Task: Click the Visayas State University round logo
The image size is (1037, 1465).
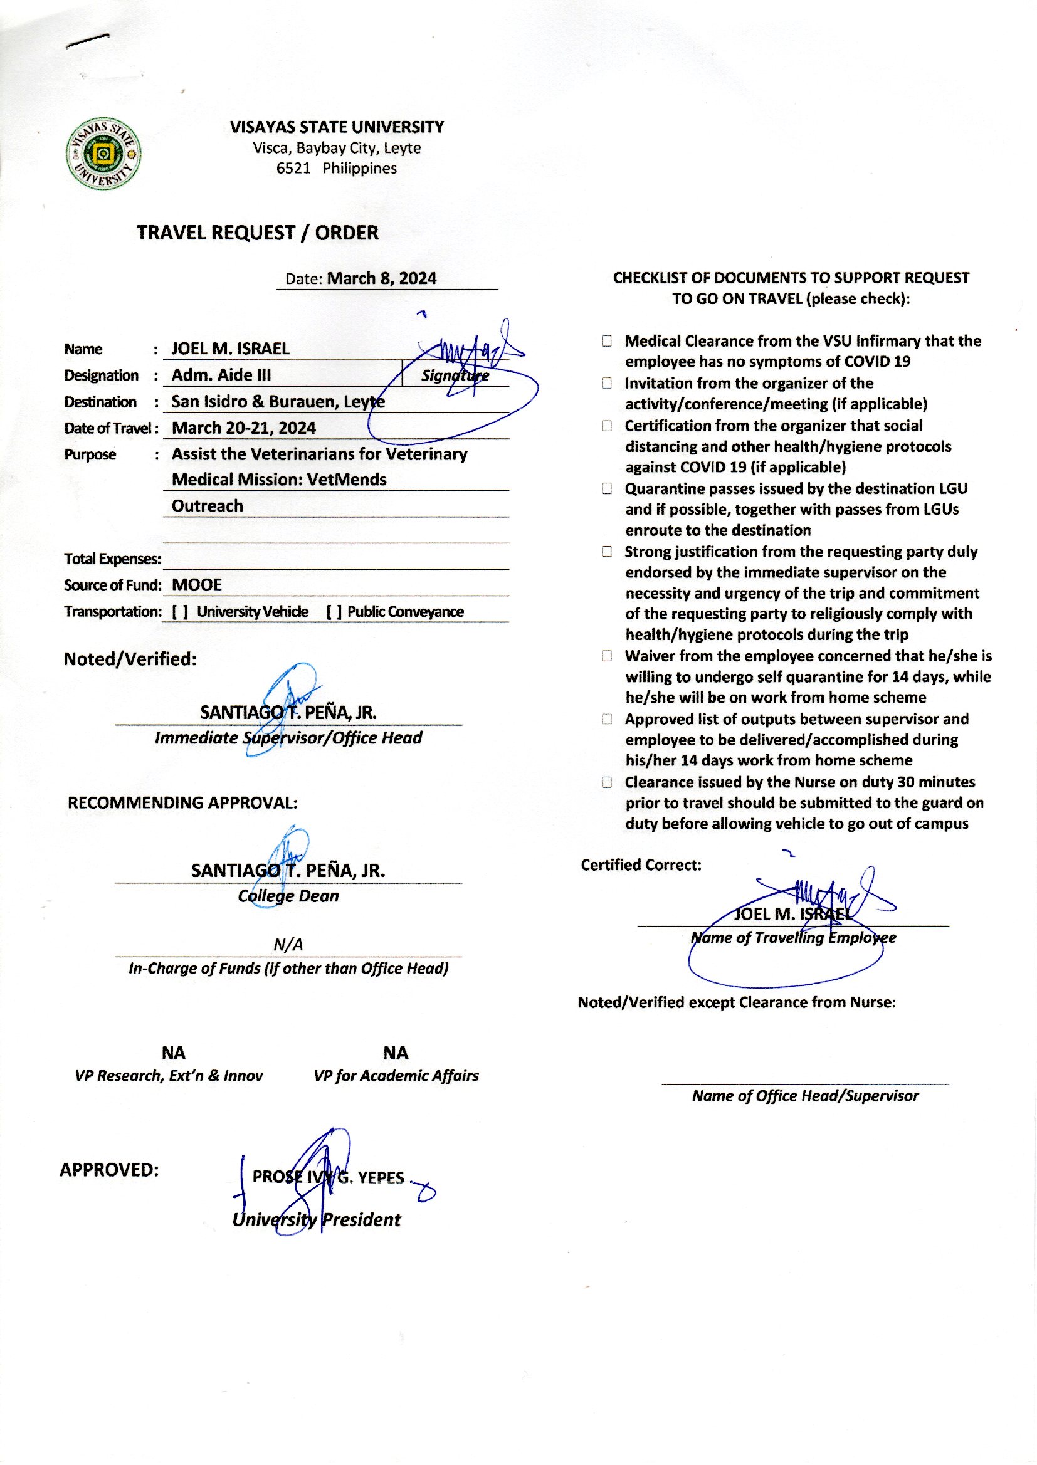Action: pyautogui.click(x=103, y=154)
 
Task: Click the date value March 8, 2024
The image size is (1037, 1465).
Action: pyautogui.click(x=381, y=279)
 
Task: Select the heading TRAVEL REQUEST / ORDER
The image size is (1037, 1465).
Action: pyautogui.click(x=257, y=233)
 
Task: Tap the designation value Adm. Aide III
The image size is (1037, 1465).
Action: pyautogui.click(x=221, y=375)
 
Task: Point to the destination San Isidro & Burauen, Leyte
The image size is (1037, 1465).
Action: pyautogui.click(x=278, y=402)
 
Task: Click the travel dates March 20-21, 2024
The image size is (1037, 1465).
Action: pyautogui.click(x=244, y=428)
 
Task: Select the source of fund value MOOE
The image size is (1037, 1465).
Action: pyautogui.click(x=197, y=585)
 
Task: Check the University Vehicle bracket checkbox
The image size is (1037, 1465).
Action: pyautogui.click(x=180, y=612)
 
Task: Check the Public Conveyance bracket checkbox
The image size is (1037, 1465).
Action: pyautogui.click(x=334, y=612)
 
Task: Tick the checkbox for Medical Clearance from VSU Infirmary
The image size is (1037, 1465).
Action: pyautogui.click(x=607, y=342)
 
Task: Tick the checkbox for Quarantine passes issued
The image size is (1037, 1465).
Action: pyautogui.click(x=607, y=489)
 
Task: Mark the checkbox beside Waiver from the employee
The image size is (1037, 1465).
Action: pyautogui.click(x=607, y=656)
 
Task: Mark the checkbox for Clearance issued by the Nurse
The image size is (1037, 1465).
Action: pyautogui.click(x=607, y=782)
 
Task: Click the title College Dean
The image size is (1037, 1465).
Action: pyautogui.click(x=288, y=896)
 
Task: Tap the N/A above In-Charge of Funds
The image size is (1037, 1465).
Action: pyautogui.click(x=288, y=944)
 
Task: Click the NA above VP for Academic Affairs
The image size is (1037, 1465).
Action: pyautogui.click(x=396, y=1053)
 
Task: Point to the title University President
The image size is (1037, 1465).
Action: pyautogui.click(x=317, y=1220)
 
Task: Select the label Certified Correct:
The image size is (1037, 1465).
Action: pyautogui.click(x=641, y=866)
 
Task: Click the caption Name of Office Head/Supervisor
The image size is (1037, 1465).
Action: pyautogui.click(x=805, y=1096)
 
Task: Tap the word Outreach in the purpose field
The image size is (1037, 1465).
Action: pyautogui.click(x=208, y=507)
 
